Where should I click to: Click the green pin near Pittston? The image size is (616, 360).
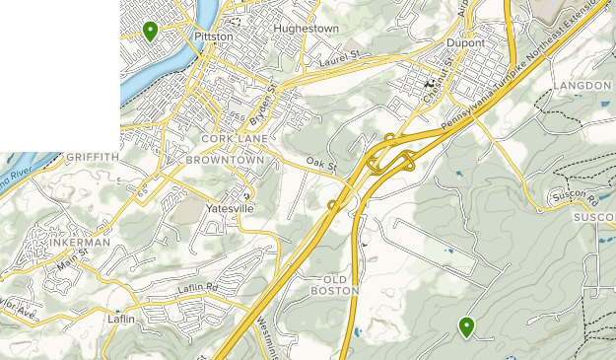150,31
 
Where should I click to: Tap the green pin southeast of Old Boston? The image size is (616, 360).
466,326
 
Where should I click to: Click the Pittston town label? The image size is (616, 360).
214,36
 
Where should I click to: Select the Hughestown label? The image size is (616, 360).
306,30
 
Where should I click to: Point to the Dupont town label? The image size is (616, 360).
465,44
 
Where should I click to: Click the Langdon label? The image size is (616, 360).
582,87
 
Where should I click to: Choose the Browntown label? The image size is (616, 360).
225,159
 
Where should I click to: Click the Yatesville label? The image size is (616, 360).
229,209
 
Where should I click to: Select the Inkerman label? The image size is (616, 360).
80,243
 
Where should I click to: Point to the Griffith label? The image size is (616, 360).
93,157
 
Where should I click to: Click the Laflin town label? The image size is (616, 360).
121,320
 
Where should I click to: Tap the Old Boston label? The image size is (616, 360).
329,284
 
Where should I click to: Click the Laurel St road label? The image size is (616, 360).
342,62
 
